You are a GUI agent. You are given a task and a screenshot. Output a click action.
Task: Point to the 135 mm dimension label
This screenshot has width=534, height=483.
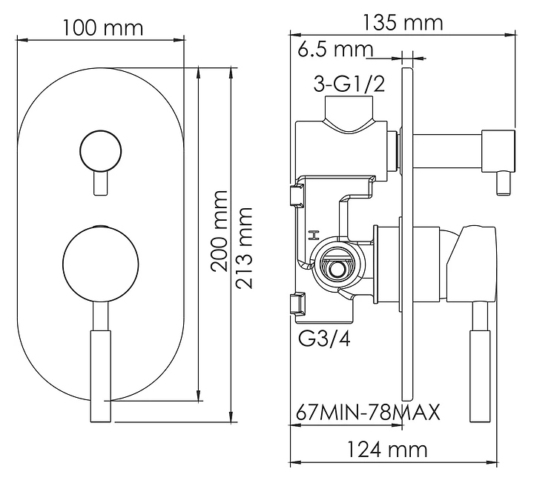[x=403, y=23]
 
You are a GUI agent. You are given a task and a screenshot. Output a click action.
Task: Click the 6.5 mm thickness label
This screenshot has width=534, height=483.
[x=334, y=50]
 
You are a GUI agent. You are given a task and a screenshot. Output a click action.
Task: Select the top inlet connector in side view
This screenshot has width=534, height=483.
[x=349, y=117]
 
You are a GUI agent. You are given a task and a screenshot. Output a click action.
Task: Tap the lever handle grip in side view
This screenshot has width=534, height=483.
[x=480, y=374]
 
